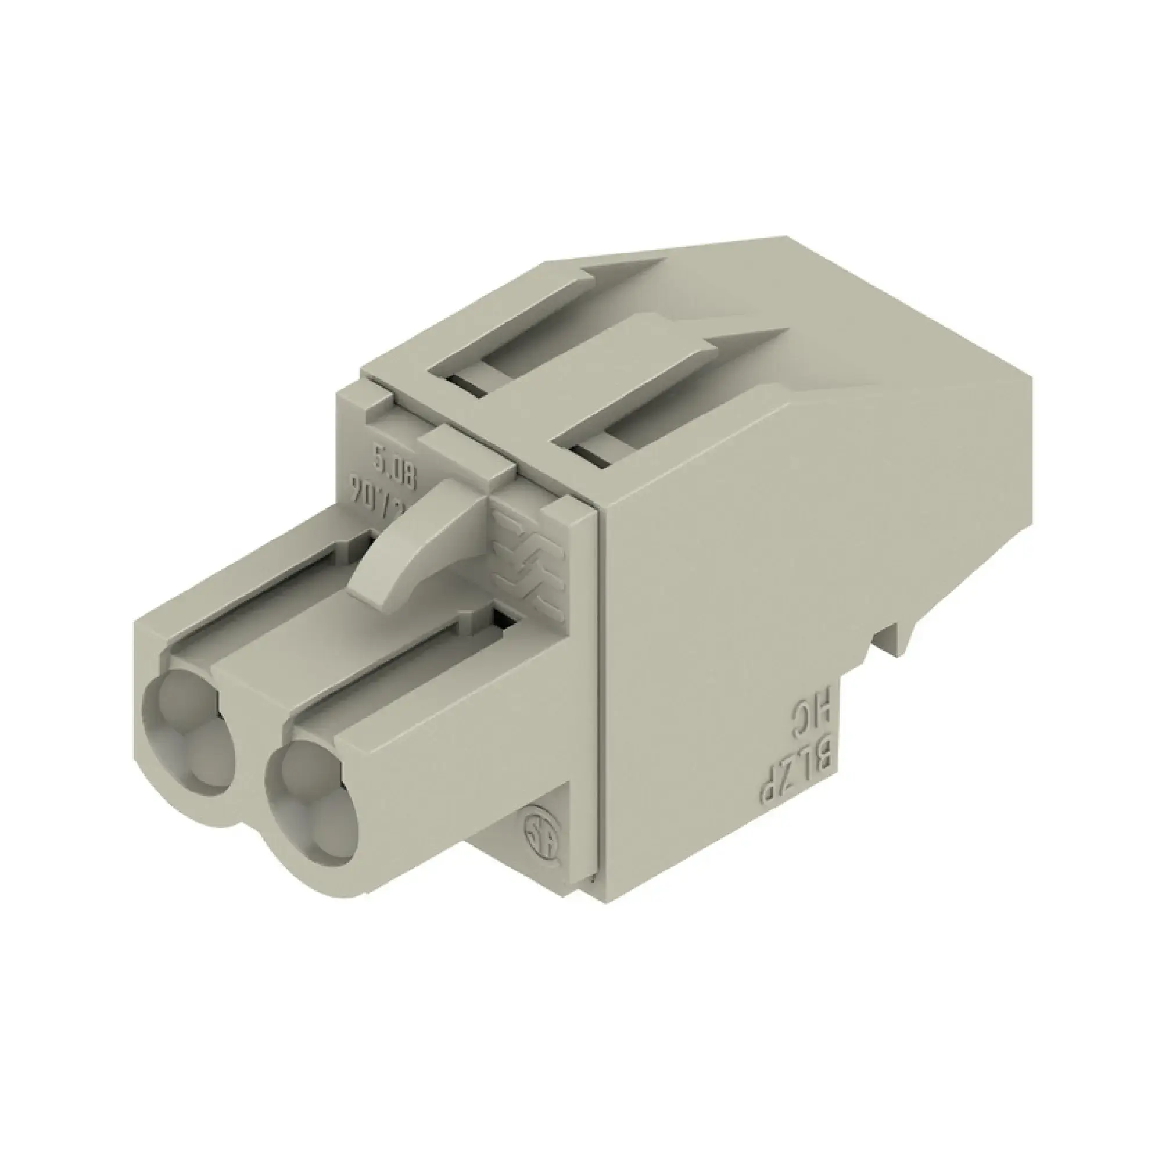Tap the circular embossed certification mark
(x=542, y=833)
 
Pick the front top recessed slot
(x=662, y=409)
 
